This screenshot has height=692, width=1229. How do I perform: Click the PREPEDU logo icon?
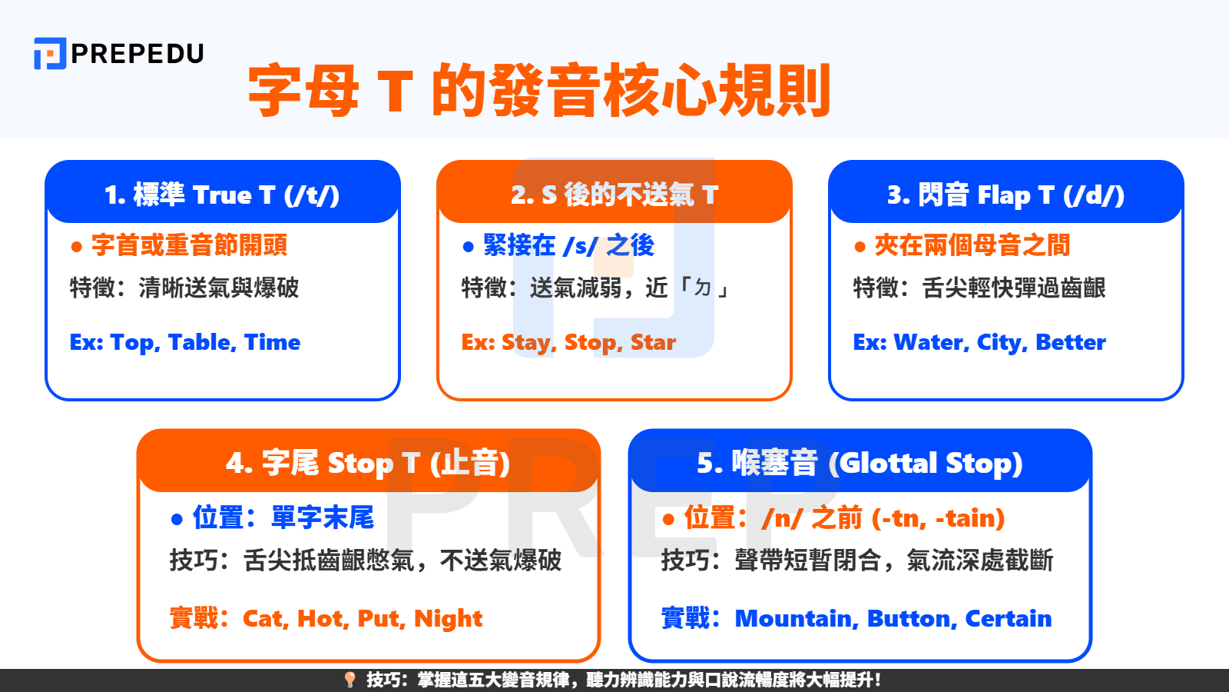click(x=50, y=54)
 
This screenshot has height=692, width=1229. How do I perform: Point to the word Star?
click(x=653, y=342)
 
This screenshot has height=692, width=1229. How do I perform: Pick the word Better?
click(x=1071, y=342)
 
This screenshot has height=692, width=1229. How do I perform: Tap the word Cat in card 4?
click(x=264, y=619)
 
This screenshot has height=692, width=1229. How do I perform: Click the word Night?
click(x=448, y=620)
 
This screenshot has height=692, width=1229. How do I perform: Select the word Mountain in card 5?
click(x=796, y=619)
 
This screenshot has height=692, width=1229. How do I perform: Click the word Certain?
click(x=1008, y=619)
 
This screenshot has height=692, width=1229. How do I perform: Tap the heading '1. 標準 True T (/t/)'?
click(x=222, y=195)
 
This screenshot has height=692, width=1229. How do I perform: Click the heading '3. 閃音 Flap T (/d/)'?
click(x=1005, y=195)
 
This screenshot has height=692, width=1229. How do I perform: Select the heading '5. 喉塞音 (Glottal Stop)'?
click(x=860, y=464)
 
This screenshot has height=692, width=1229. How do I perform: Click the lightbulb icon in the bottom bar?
click(x=350, y=680)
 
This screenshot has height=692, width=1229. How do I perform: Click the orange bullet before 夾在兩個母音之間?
click(x=860, y=247)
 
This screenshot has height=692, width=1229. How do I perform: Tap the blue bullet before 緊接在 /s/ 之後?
click(x=469, y=247)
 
